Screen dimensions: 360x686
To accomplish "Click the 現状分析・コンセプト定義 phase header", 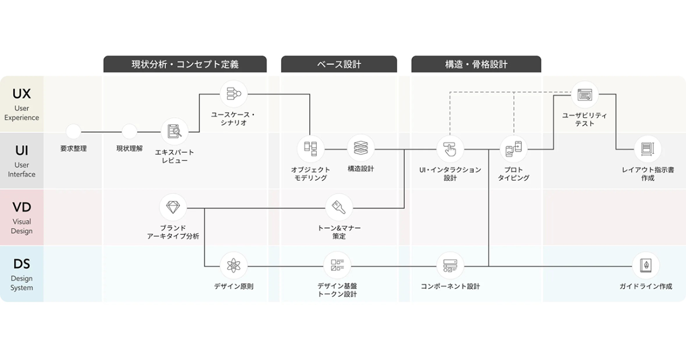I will (x=185, y=65).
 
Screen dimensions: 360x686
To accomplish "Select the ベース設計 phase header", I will (x=339, y=65).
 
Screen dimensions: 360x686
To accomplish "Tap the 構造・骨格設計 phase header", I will (x=476, y=65).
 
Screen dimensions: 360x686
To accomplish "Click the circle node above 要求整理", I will (x=73, y=132).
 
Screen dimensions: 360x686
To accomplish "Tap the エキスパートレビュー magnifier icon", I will (x=174, y=132).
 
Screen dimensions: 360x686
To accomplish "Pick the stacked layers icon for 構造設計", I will (x=361, y=149).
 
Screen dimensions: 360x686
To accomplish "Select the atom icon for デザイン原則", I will (x=233, y=266).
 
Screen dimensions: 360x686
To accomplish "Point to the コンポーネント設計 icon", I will (x=450, y=265).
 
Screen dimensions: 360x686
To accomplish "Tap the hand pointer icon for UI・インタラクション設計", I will (x=450, y=149).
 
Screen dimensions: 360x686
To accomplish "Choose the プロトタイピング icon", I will (x=513, y=149).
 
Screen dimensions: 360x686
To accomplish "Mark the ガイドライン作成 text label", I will (x=645, y=286).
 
